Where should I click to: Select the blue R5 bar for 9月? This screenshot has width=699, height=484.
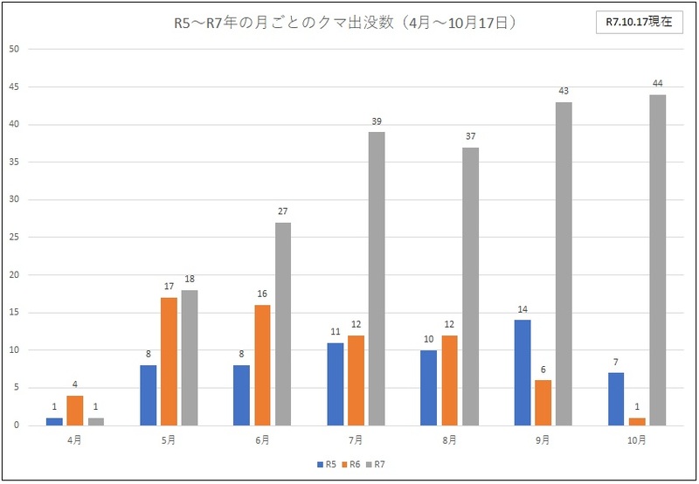click(522, 373)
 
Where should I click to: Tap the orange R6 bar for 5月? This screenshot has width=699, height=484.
click(169, 362)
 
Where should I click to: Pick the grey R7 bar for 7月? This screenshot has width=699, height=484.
click(377, 279)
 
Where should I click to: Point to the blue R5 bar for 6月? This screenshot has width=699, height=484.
click(242, 395)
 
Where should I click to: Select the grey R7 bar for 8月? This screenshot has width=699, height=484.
click(470, 287)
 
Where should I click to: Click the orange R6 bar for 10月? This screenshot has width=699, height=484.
click(636, 422)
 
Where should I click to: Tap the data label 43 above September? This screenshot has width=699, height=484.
click(564, 91)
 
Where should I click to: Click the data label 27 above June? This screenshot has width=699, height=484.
click(283, 211)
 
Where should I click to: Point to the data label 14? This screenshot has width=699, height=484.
click(522, 309)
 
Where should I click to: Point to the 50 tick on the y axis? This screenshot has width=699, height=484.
click(13, 49)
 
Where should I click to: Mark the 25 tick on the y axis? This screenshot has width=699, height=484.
click(13, 238)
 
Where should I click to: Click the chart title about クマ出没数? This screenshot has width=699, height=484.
click(346, 23)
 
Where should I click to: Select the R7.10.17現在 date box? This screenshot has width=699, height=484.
click(639, 23)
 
